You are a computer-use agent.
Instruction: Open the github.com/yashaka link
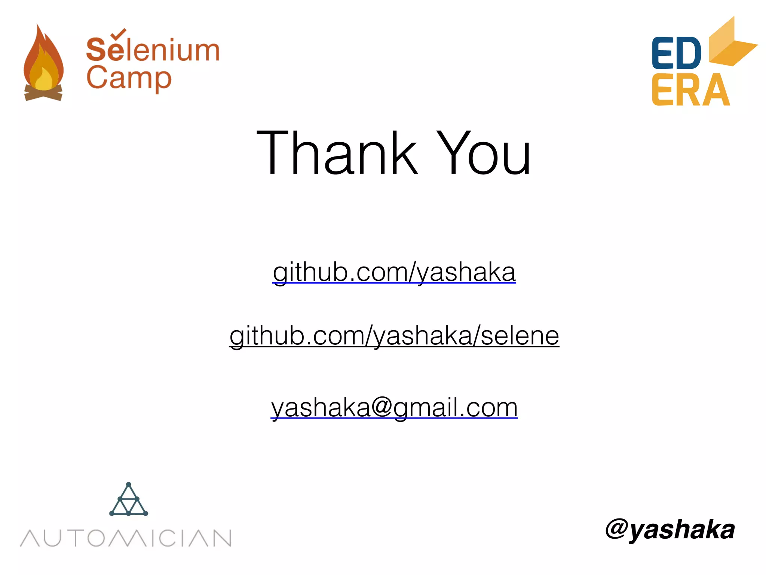[394, 272]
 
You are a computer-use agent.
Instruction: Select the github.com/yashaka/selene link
[394, 336]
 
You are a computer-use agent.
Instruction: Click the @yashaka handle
[670, 529]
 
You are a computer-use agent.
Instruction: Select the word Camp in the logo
[129, 79]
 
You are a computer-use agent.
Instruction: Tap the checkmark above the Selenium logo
[119, 34]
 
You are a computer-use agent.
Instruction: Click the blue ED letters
[676, 53]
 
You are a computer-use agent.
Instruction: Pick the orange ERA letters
[690, 90]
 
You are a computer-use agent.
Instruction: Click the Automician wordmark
[126, 538]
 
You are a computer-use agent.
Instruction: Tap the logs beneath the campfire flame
[43, 94]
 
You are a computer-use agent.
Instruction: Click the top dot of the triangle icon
[129, 484]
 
